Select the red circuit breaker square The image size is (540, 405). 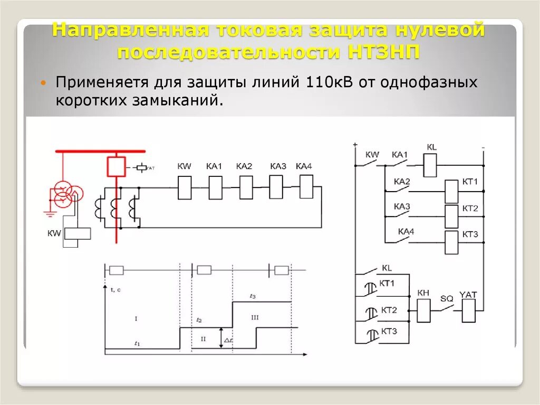116,166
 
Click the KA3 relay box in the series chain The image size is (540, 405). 276,186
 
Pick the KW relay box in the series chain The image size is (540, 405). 185,188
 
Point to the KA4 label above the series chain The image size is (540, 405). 304,166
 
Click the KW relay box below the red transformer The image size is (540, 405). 77,233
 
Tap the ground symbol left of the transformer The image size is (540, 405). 49,213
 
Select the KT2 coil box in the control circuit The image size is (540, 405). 452,216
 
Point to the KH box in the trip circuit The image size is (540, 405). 424,310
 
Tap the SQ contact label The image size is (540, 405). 447,298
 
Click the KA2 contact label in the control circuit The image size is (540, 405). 402,182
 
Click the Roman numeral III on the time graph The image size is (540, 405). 255,317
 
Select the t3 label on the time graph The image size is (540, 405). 253,296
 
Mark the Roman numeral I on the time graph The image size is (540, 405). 136,318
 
